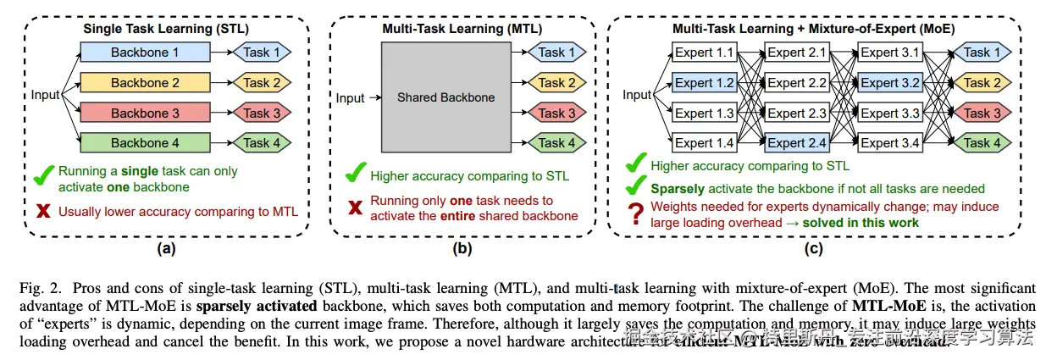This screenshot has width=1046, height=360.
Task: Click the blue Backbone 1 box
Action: (x=146, y=53)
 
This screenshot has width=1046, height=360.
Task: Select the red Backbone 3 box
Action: (x=146, y=113)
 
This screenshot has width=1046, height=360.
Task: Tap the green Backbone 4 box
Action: (x=146, y=143)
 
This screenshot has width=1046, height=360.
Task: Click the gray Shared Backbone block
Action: (x=446, y=97)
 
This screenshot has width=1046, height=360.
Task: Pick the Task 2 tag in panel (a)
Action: (x=262, y=83)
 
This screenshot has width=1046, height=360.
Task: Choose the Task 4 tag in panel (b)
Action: (x=557, y=143)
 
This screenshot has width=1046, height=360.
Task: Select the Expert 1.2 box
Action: (x=705, y=83)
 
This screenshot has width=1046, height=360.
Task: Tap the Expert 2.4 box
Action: (x=798, y=143)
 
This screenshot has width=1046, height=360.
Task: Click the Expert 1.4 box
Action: (x=705, y=143)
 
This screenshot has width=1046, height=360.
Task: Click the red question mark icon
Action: (x=634, y=214)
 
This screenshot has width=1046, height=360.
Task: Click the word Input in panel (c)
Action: (x=637, y=95)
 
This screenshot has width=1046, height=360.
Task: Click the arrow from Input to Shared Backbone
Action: (x=372, y=98)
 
